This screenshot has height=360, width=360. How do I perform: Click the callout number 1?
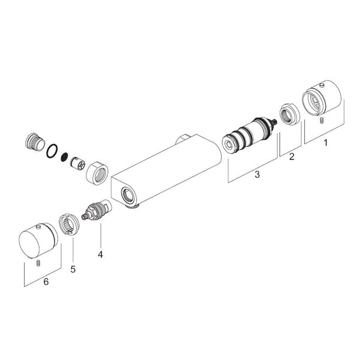click(x=325, y=143)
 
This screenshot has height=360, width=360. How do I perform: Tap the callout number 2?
click(x=292, y=157)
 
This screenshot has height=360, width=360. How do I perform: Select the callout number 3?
click(x=257, y=174)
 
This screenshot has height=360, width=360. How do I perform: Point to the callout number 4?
click(x=100, y=254)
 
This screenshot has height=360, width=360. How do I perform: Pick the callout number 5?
click(x=73, y=269)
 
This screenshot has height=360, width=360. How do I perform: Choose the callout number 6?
click(x=46, y=281)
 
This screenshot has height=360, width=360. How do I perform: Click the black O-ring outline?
click(x=52, y=151)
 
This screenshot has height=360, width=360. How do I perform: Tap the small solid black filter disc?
click(x=65, y=157)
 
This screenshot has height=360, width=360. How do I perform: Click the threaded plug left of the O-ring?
click(x=34, y=142)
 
